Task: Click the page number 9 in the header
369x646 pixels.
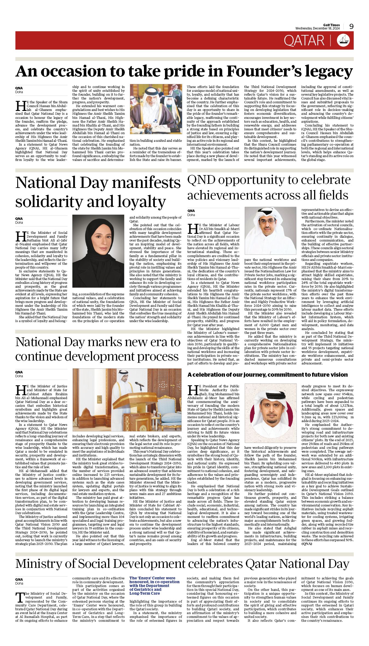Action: click(x=351, y=26)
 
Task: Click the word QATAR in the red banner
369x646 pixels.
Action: click(x=304, y=41)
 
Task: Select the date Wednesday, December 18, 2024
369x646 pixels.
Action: click(x=317, y=29)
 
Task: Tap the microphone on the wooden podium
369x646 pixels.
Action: click(x=140, y=384)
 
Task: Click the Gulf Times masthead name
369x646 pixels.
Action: click(x=331, y=25)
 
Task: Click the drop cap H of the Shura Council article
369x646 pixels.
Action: click(x=20, y=106)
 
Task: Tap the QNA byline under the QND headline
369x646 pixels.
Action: click(x=191, y=211)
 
